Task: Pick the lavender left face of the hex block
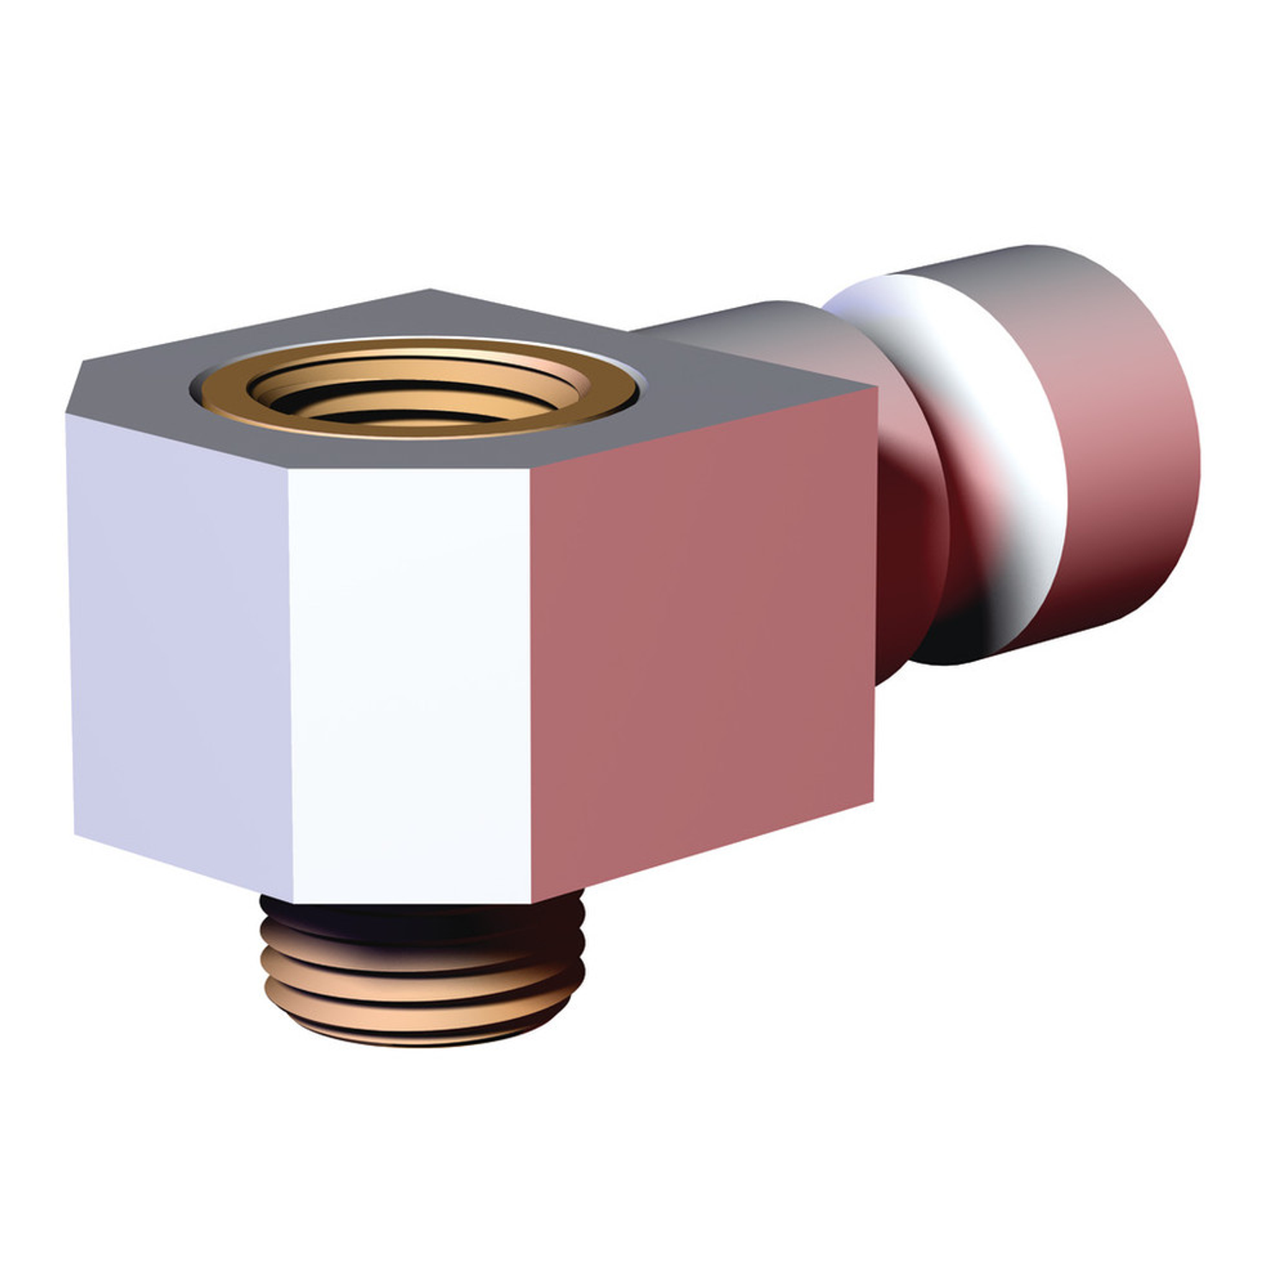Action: (x=180, y=652)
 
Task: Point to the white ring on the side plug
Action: (x=969, y=429)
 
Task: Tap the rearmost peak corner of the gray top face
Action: (x=429, y=291)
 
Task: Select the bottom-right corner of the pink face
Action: (x=873, y=802)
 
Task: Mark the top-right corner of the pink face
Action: (x=874, y=388)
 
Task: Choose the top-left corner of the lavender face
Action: (x=67, y=416)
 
